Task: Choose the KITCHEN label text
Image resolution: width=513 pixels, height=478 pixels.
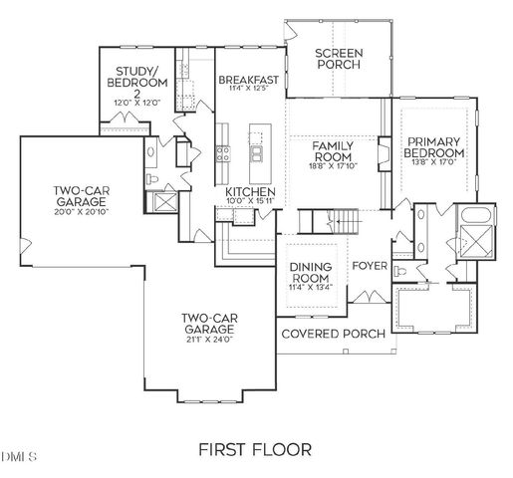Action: click(x=250, y=191)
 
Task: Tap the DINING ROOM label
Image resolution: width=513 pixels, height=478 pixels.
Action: click(x=310, y=272)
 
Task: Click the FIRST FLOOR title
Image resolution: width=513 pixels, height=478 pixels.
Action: click(x=256, y=448)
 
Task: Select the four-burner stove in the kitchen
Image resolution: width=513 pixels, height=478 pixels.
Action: click(x=224, y=153)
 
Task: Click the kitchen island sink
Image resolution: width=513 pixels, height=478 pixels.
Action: click(x=257, y=154)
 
